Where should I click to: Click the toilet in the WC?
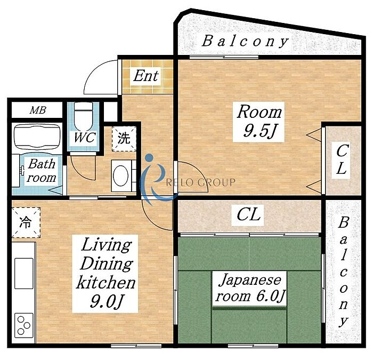[x=83, y=116]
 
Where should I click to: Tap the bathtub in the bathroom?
[x=37, y=137]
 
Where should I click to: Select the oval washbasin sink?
[x=120, y=175]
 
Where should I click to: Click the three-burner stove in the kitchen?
[x=24, y=325]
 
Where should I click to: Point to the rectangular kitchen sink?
[x=24, y=273]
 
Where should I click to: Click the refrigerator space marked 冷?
[x=26, y=222]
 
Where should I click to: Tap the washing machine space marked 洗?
[x=124, y=139]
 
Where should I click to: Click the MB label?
[x=38, y=110]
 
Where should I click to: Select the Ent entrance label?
[x=146, y=76]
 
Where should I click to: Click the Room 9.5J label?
[x=260, y=122]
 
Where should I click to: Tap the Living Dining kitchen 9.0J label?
[x=106, y=274]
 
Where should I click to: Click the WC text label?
[x=85, y=138]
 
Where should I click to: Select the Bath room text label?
[x=42, y=171]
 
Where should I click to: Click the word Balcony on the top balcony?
[x=245, y=41]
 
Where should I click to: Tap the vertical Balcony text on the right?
[x=343, y=271]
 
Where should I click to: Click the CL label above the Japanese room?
[x=249, y=215]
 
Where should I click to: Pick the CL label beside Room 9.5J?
[x=341, y=159]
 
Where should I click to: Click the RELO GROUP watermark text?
[x=200, y=182]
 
